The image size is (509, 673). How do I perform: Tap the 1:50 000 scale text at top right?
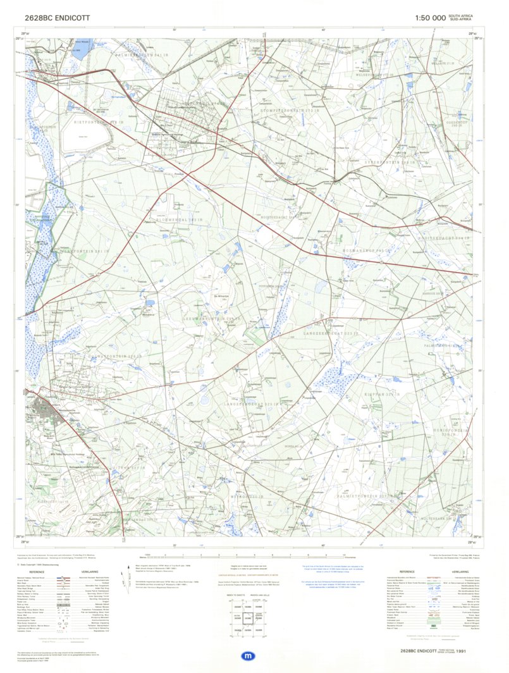coord(430,18)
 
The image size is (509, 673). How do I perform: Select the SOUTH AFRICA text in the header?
coord(460,16)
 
